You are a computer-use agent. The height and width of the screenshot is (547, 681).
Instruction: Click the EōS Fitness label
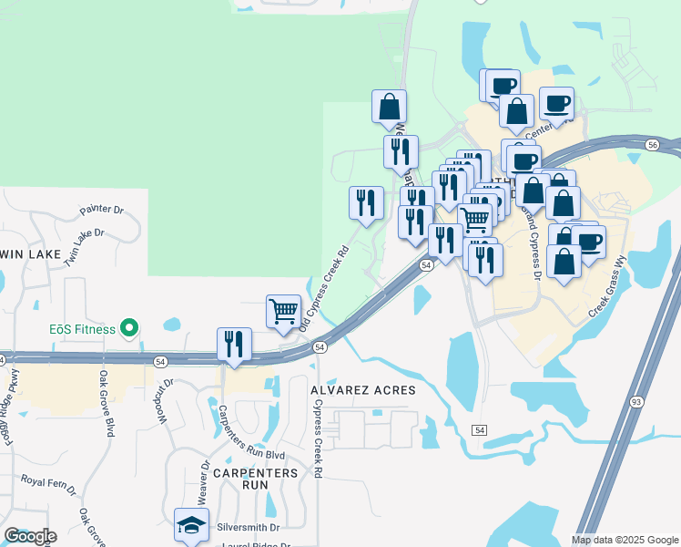point(82,328)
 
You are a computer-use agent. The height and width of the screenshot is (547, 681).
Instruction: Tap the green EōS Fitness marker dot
point(130,328)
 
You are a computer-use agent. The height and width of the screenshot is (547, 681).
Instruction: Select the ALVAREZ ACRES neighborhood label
point(363,389)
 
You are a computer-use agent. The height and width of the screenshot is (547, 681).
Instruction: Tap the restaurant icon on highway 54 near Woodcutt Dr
point(234,345)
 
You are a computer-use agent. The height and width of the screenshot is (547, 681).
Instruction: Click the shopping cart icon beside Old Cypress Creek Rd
point(283,311)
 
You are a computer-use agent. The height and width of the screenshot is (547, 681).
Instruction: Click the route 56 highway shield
point(652,145)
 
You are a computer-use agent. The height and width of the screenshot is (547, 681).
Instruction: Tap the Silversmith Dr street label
point(246,527)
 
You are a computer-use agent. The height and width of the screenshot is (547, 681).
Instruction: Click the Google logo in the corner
point(30,536)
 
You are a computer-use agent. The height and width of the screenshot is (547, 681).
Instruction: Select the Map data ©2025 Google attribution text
point(625,540)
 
